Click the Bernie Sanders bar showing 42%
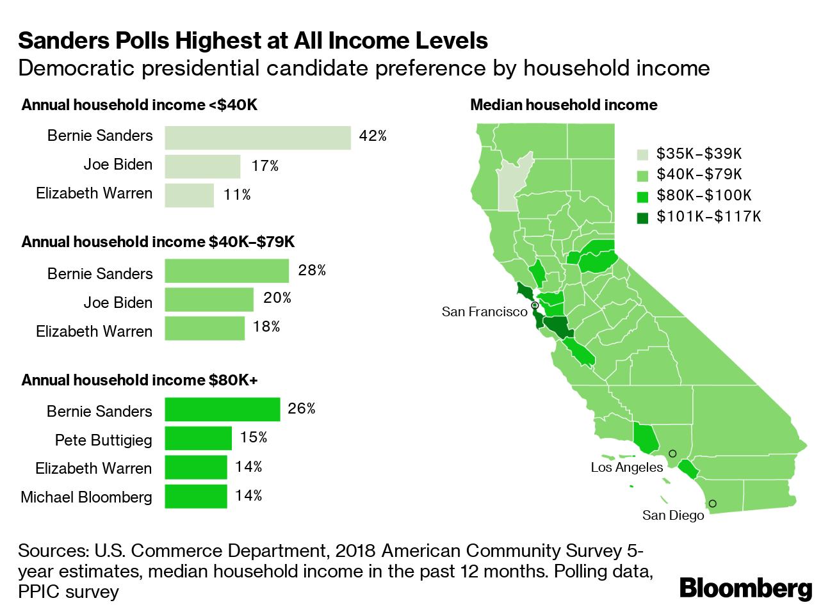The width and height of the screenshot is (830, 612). tap(257, 138)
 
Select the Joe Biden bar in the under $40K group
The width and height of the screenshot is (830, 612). tap(202, 166)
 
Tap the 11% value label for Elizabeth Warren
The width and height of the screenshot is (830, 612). tap(237, 195)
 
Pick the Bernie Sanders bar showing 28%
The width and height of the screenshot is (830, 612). tap(227, 271)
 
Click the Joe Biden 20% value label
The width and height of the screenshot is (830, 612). tap(277, 298)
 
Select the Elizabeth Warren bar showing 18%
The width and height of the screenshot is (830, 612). tap(204, 328)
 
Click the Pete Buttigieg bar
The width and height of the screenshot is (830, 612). tap(198, 439)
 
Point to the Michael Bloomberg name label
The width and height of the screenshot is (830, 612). tap(86, 497)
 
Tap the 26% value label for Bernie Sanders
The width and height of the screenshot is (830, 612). tap(302, 408)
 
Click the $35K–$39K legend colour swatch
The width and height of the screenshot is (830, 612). tap(642, 154)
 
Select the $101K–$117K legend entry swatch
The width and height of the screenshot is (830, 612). tap(642, 218)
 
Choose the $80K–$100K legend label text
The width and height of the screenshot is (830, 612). tap(704, 196)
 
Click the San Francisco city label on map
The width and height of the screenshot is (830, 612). tap(484, 312)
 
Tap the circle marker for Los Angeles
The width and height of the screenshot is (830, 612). tap(672, 453)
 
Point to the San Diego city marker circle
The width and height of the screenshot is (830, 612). tap(712, 504)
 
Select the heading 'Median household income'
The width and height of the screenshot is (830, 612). tap(564, 105)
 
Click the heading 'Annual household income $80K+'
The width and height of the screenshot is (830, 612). tap(140, 380)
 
